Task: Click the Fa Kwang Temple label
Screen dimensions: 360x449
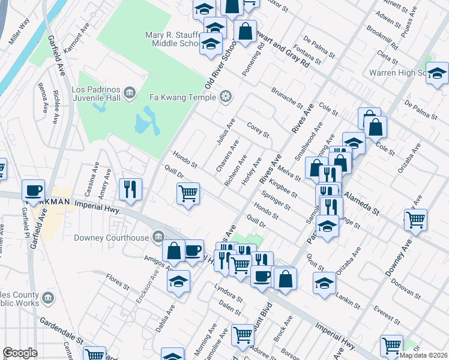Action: point(183,96)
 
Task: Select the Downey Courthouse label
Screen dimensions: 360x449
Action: point(111,238)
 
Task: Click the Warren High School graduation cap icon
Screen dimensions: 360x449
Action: point(438,73)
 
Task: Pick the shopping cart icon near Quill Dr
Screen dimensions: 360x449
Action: point(188,194)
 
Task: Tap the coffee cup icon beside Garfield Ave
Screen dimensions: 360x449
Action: point(34,190)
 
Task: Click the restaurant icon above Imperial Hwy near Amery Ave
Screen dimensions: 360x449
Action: point(130,188)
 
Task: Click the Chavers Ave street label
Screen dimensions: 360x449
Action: point(228,155)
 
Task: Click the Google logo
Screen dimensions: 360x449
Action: point(20,352)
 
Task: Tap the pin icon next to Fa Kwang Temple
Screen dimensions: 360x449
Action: point(226,96)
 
